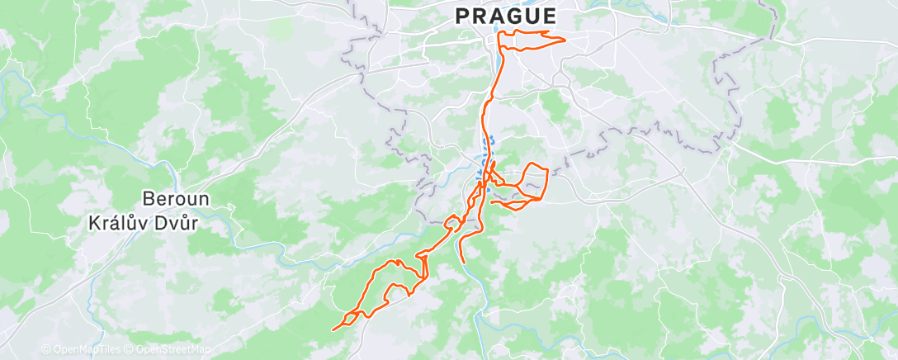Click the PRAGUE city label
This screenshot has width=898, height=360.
[x=505, y=16]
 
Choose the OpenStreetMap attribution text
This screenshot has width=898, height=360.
[x=171, y=350]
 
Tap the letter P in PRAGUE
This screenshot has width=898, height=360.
[x=462, y=16]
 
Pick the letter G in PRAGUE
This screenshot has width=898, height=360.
[x=514, y=16]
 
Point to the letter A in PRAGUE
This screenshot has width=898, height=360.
[x=497, y=16]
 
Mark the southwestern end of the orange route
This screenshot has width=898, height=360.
[x=333, y=330]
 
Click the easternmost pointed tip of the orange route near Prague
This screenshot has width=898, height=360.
[x=565, y=40]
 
